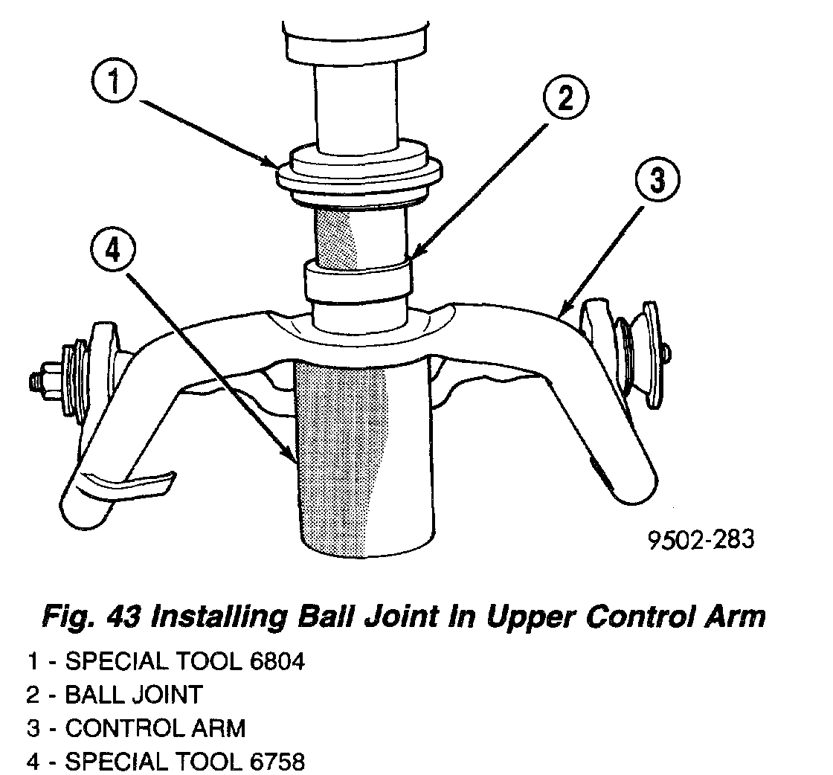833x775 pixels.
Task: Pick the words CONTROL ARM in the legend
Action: [x=155, y=728]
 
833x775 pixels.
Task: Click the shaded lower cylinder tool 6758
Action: [x=364, y=461]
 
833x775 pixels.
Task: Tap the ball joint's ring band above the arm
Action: [x=357, y=279]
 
